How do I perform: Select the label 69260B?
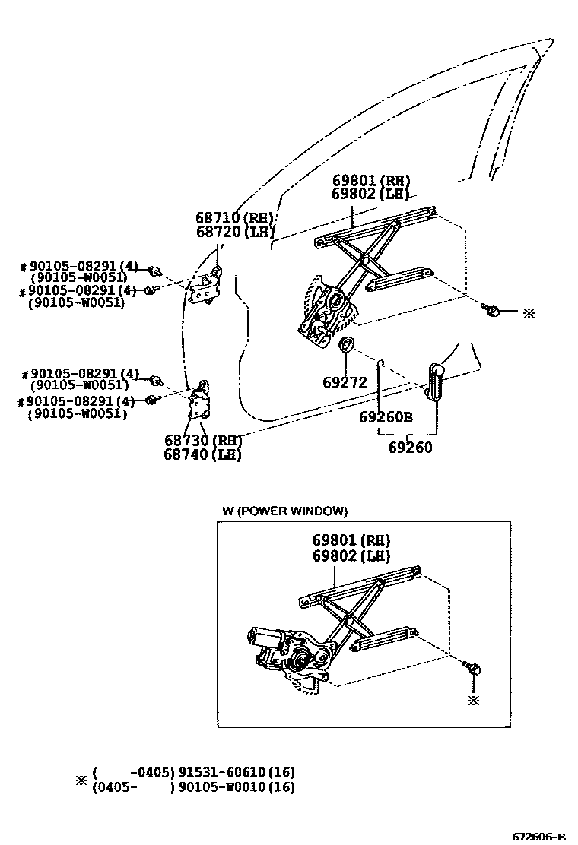click(386, 417)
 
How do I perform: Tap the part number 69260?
click(410, 448)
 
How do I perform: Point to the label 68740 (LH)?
click(202, 454)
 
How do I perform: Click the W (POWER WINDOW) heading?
click(284, 511)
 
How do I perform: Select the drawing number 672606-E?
click(538, 837)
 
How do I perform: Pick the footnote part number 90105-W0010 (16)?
click(237, 787)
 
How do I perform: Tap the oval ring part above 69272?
click(345, 346)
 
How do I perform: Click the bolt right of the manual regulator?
click(493, 309)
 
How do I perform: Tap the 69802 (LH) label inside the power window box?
click(351, 556)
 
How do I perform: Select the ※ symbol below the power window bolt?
click(474, 700)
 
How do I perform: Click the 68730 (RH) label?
click(202, 441)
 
